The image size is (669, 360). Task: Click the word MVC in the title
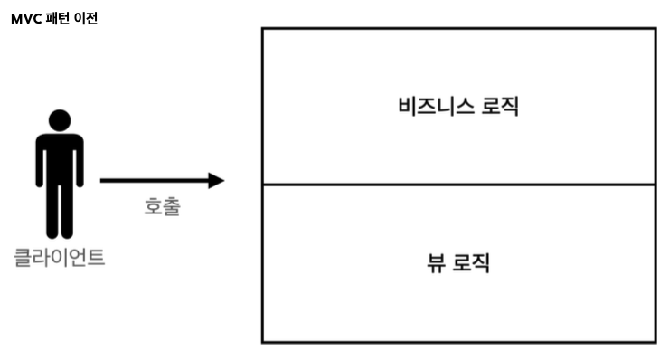click(x=25, y=18)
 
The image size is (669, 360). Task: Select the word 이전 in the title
click(x=85, y=18)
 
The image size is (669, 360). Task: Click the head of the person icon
click(x=60, y=121)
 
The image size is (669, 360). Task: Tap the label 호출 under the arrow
click(x=163, y=206)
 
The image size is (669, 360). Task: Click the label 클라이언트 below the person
click(x=60, y=257)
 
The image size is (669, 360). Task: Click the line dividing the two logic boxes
click(x=458, y=185)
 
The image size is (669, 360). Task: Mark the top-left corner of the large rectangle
click(x=262, y=28)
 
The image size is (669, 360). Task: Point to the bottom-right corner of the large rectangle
click(x=655, y=342)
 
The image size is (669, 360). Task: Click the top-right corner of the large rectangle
click(x=655, y=28)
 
